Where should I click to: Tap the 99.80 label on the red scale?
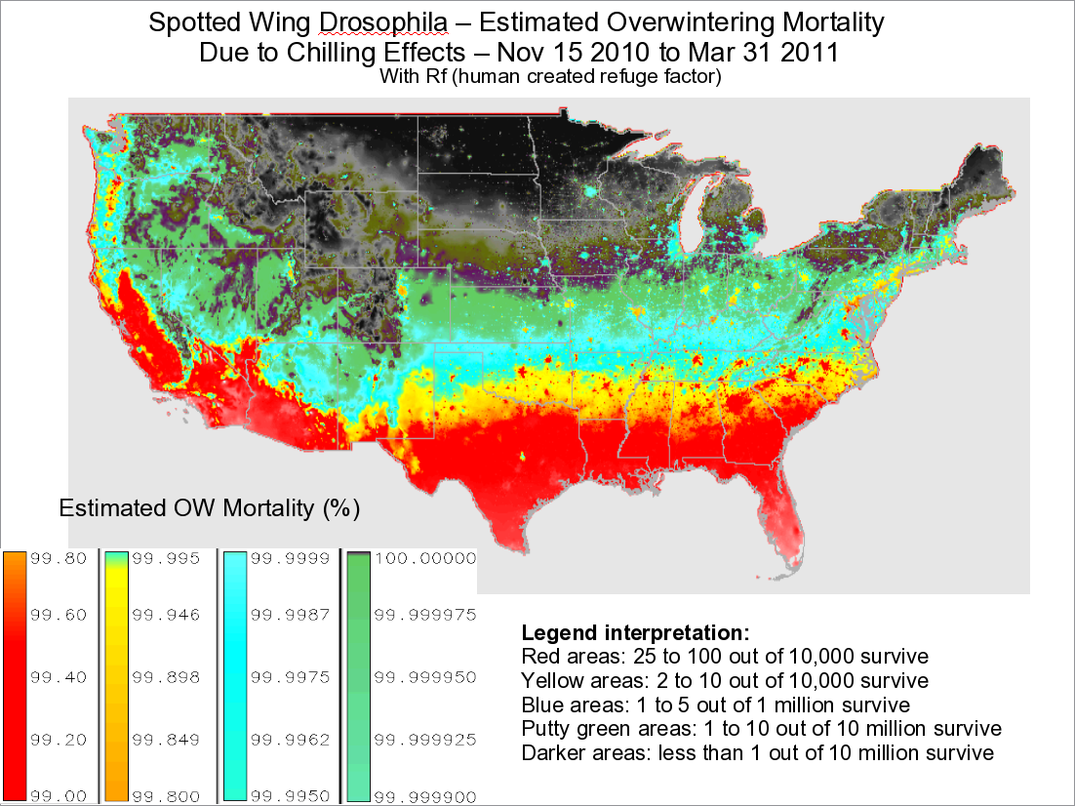coord(60,559)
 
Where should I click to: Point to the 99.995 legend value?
coord(167,559)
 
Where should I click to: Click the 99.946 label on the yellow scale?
coord(167,615)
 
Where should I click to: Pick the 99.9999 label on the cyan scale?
coord(289,559)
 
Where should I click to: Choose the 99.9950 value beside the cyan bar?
coord(289,795)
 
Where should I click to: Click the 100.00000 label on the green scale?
coord(425,559)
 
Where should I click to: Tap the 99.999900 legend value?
coord(425,795)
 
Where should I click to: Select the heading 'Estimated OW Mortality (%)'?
coord(210,508)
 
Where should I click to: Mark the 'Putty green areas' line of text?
coord(761,729)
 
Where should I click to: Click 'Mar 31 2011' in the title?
coord(770,52)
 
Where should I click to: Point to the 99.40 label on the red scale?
coord(60,677)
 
